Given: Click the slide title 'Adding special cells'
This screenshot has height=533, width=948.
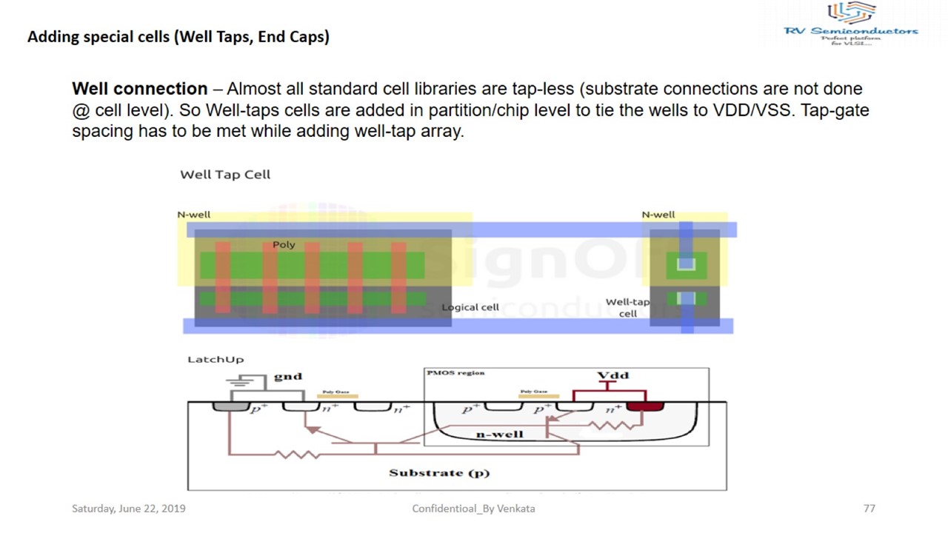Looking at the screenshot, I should point(178,36).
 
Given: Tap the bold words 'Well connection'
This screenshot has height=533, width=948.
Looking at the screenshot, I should point(140,89).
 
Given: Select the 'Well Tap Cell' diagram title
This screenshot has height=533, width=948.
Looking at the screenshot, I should point(225,175).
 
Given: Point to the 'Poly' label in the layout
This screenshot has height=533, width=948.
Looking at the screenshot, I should point(284,244).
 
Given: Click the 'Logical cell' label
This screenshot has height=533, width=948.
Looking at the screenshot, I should point(470,307).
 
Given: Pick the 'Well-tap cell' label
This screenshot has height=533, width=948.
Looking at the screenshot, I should point(627,307).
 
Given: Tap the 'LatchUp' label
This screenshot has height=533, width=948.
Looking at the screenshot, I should point(216,359).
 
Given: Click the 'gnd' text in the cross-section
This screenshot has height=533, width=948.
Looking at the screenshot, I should point(288,376).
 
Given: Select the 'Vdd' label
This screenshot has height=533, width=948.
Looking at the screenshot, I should point(613,375).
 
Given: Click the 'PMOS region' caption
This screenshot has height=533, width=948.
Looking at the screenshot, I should point(455,373).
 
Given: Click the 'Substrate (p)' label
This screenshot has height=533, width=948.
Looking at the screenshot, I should point(439,472).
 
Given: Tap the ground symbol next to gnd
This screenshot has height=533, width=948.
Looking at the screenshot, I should point(246,383).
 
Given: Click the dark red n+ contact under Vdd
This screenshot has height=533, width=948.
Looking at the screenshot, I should point(644,406).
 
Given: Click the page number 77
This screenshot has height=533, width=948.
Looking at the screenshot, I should point(869,509).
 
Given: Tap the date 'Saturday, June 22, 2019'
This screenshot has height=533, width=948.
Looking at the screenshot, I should point(129,509).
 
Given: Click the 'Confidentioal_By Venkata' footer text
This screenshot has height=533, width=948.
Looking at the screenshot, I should point(473,509).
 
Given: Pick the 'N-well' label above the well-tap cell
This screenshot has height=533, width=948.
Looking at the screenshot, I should point(658,215).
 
